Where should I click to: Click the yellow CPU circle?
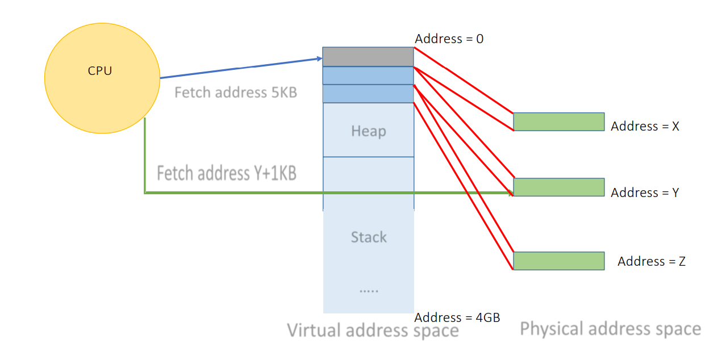102,78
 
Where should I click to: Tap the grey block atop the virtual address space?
368,57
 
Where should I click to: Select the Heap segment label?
368,131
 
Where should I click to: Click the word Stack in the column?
368,237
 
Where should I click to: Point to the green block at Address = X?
558,122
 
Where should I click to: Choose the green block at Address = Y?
558,187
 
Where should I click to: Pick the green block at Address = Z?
558,261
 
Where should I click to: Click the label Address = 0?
449,39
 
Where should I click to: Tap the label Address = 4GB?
457,317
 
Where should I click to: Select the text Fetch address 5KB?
235,92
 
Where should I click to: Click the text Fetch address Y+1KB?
226,173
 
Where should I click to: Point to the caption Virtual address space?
373,330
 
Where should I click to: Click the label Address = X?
645,126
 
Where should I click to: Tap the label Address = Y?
645,192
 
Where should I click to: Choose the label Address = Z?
651,261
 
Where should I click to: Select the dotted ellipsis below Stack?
368,290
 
